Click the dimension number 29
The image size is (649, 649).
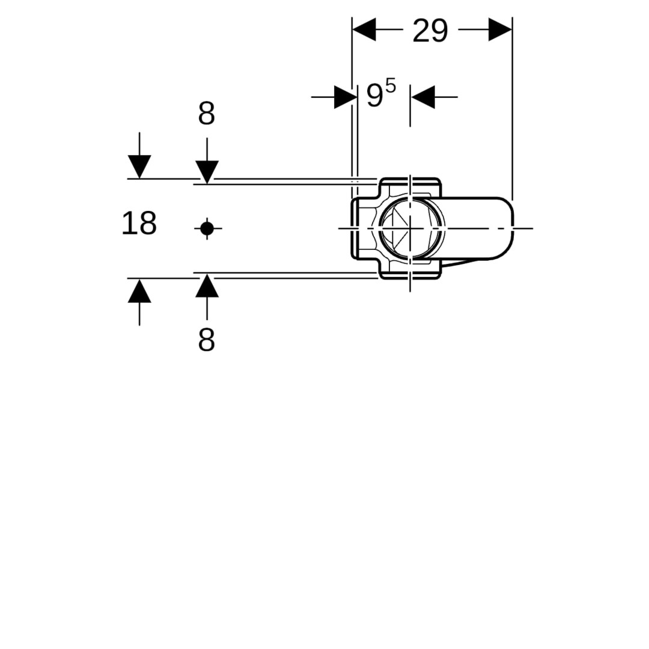coord(430,31)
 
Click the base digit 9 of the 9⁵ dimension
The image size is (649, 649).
coord(374,96)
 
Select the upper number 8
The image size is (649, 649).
coord(207,114)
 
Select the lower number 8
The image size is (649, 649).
coord(207,340)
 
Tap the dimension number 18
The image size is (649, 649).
coord(139,223)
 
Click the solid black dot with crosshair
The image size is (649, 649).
coord(207,228)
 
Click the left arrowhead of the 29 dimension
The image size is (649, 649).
coord(364,29)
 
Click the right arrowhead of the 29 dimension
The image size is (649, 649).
coord(500,29)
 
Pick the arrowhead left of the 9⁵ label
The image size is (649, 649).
coord(346,97)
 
